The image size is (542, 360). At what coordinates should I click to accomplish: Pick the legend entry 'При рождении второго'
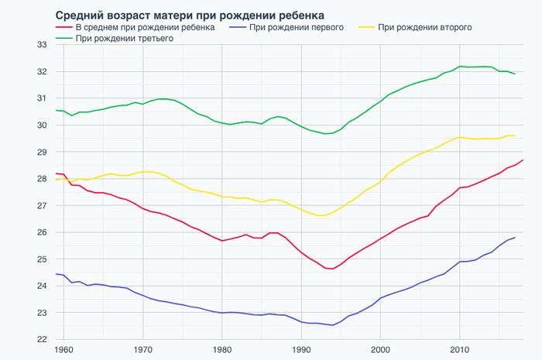(425, 27)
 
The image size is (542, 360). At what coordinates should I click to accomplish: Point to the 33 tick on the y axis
(43, 45)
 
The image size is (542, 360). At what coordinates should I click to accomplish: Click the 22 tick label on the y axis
(43, 339)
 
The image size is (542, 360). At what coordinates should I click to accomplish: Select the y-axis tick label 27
(43, 205)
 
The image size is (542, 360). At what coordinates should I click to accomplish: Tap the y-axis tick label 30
(43, 125)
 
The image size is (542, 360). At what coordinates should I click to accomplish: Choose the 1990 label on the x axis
(301, 350)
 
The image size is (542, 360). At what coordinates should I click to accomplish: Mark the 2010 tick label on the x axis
(460, 350)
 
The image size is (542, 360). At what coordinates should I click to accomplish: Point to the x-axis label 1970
(142, 350)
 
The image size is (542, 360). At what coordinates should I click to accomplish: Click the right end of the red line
(523, 160)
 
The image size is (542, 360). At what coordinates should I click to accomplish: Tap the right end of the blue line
(516, 238)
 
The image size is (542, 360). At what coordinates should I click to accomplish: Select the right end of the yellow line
(516, 135)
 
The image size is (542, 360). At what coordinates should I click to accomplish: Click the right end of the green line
(516, 74)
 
